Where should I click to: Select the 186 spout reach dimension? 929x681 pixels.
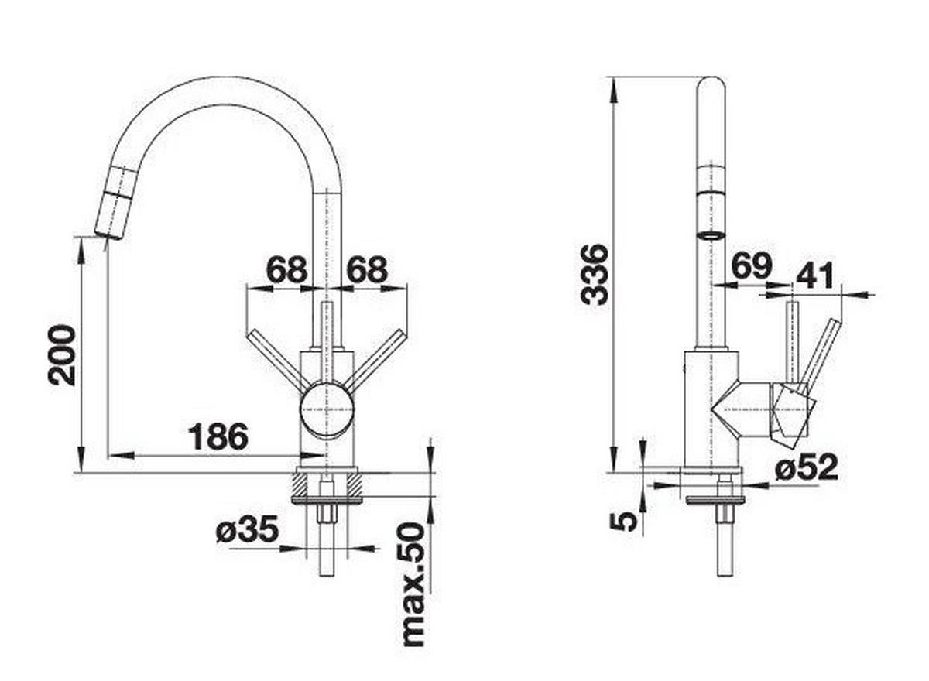[x=218, y=437]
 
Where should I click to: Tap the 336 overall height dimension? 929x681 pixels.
[x=595, y=274]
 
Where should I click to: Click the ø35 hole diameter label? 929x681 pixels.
[x=246, y=531]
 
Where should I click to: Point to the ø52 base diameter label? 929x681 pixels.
[x=807, y=467]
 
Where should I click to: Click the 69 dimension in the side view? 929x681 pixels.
[x=750, y=266]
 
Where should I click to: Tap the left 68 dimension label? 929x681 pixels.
[x=286, y=270]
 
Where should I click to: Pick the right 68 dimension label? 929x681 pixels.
[x=366, y=270]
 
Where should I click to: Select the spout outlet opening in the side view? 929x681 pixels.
[x=710, y=234]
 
